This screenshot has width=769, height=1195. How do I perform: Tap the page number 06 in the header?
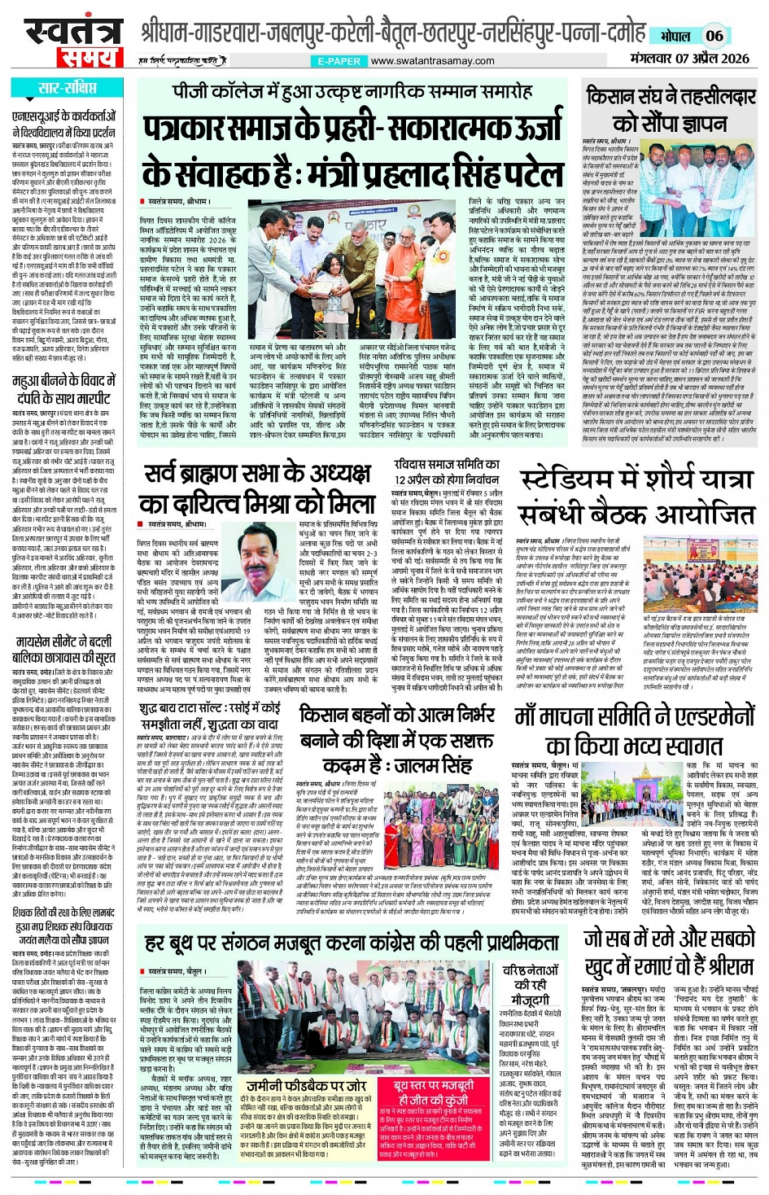714,36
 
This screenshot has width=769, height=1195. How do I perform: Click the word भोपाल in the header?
675,37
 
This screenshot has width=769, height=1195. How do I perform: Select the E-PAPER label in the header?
339,61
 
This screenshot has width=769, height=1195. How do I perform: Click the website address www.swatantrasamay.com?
432,61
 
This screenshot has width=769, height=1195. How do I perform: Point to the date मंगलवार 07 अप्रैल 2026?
689,58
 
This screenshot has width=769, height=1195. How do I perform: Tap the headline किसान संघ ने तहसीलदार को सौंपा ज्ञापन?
671,109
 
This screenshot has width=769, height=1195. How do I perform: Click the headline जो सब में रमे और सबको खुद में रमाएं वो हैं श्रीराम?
669,952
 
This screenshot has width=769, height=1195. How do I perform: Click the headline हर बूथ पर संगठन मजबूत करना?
352,943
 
